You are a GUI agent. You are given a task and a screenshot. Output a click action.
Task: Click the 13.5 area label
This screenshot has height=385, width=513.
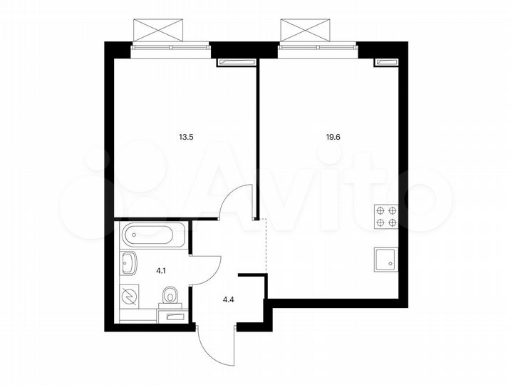click(x=187, y=130)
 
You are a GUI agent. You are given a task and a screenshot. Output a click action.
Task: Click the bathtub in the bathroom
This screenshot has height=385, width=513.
click(x=152, y=235)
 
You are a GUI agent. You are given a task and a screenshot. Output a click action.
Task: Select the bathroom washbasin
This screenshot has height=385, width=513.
click(x=130, y=265)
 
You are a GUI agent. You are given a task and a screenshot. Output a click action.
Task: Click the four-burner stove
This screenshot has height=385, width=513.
click(x=385, y=216)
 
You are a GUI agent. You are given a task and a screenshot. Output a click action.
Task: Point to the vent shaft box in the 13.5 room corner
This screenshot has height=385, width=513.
click(x=234, y=63)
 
